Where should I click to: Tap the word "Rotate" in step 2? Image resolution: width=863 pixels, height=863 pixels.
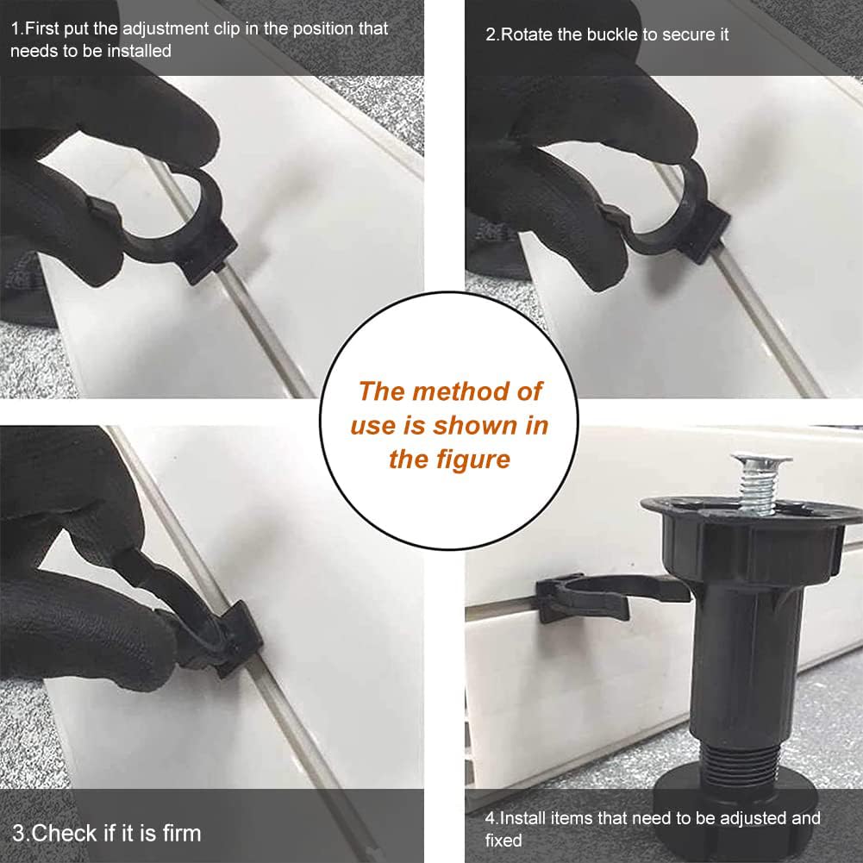pos(528,34)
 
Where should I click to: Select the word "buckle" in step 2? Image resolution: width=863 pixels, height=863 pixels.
pos(613,34)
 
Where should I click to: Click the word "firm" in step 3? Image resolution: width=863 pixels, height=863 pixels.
pos(182,834)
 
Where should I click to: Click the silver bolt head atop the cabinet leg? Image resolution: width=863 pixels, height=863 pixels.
pos(762,459)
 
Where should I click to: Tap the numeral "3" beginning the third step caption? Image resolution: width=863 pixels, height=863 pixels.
pos(18,834)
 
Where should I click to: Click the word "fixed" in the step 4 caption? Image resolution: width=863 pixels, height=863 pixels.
pos(503,841)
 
